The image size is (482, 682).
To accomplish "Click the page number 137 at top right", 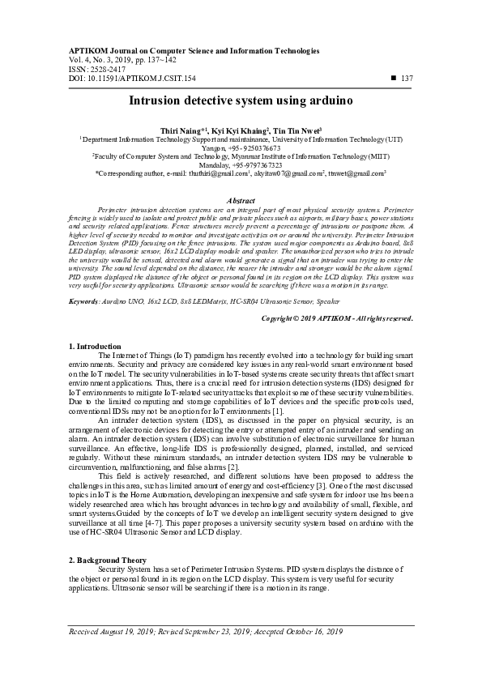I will [407, 78].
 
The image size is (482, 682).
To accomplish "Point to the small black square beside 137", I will [393, 78].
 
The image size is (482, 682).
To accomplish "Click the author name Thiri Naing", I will [182, 130].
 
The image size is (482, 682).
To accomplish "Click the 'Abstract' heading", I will [241, 200].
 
